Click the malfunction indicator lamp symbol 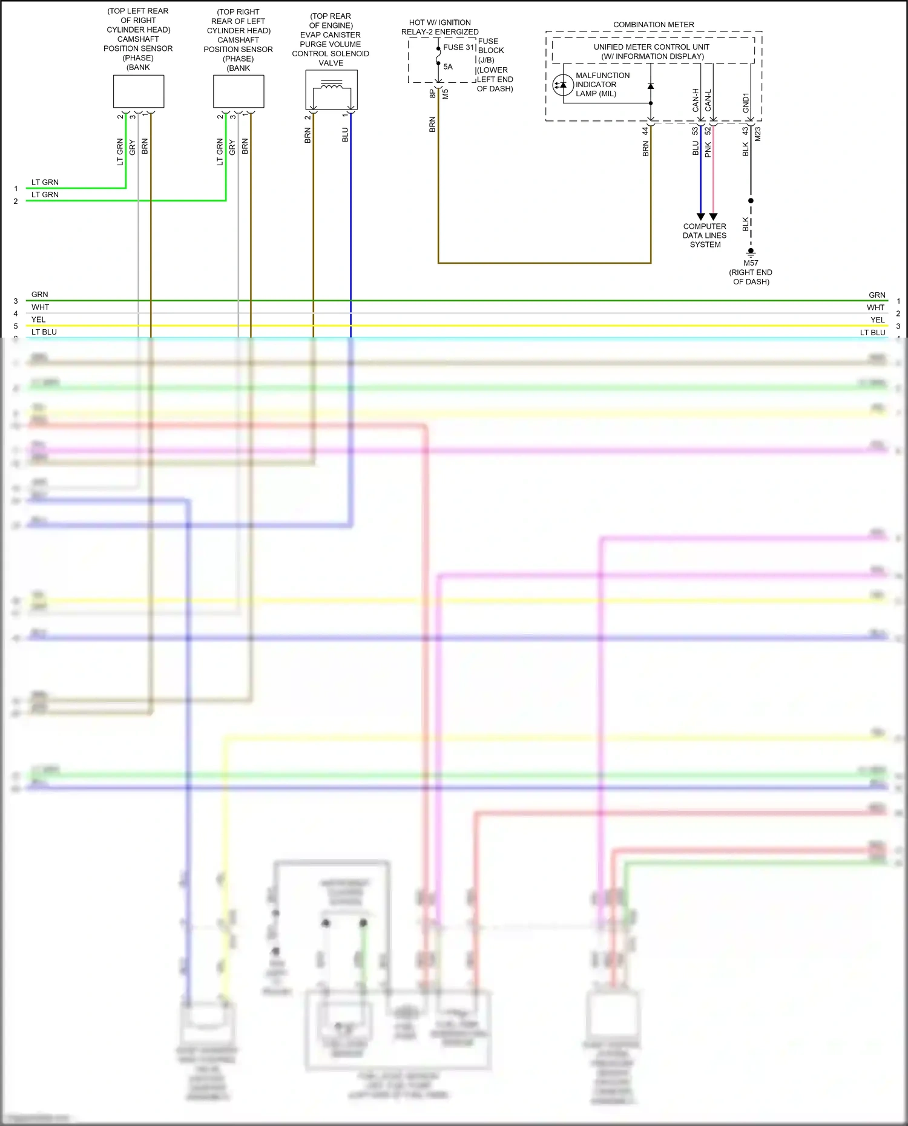click(x=563, y=85)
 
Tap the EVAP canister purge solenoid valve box click(x=331, y=90)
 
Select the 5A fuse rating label click(x=448, y=67)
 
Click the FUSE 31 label click(x=459, y=47)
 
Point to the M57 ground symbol click(x=751, y=251)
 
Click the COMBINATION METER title click(x=654, y=25)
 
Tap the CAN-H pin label click(x=696, y=100)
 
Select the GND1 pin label click(x=746, y=102)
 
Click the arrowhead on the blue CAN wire click(x=700, y=217)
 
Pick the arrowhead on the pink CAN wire click(x=713, y=217)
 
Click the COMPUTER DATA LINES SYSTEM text click(x=705, y=235)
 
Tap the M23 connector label click(x=758, y=134)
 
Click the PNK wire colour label click(x=708, y=149)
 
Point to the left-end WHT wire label click(x=40, y=307)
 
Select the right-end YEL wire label click(x=878, y=320)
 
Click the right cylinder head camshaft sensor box click(x=139, y=91)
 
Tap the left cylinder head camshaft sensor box click(x=239, y=92)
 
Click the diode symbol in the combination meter click(x=651, y=87)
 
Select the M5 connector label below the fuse click(x=446, y=94)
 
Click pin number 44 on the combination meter click(x=645, y=131)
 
